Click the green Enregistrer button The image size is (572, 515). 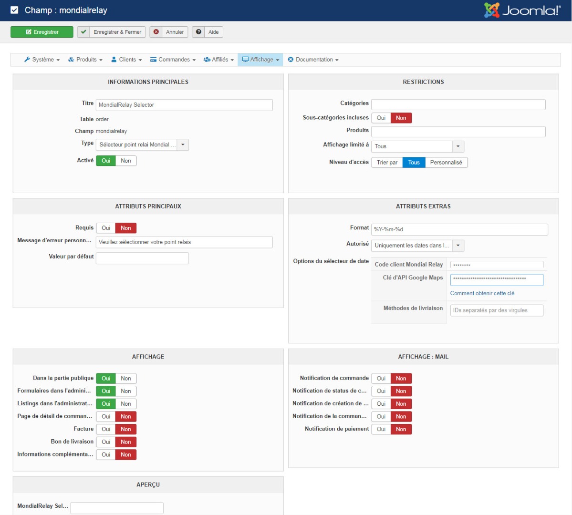click(42, 32)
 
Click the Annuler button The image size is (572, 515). click(169, 32)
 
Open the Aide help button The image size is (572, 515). click(208, 32)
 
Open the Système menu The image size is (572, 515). click(42, 60)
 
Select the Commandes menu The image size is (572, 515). click(173, 60)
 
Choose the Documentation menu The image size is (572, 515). click(313, 60)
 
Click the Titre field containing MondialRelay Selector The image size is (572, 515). click(184, 105)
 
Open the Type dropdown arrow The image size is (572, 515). click(183, 145)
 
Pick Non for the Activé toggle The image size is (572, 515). click(126, 161)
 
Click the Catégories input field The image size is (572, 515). click(458, 105)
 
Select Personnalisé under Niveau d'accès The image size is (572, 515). click(446, 163)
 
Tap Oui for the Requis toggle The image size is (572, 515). click(106, 228)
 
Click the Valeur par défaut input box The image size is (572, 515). click(142, 258)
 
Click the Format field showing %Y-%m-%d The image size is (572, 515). click(459, 229)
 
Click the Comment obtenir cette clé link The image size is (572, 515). click(482, 293)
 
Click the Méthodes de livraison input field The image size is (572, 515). click(497, 310)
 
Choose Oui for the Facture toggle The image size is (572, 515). click(106, 429)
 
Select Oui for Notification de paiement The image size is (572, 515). click(381, 429)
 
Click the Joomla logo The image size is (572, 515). click(522, 10)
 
